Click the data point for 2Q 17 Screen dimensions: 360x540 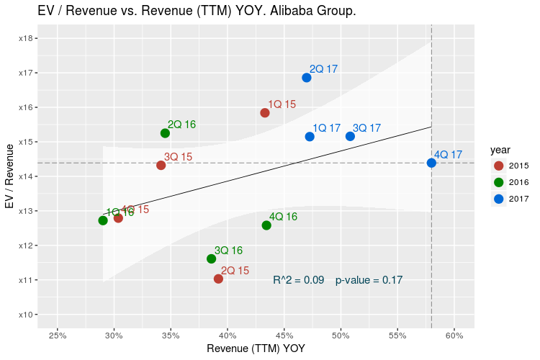tap(307, 78)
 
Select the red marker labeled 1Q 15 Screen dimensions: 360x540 tap(265, 113)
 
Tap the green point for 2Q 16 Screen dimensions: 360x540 tap(165, 133)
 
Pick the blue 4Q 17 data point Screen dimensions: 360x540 tap(431, 163)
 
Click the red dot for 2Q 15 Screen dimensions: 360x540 tap(218, 279)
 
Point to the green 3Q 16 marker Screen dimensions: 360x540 tap(212, 258)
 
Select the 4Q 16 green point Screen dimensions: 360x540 tap(266, 225)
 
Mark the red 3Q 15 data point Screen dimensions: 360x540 tap(161, 166)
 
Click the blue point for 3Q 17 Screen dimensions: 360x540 tap(350, 136)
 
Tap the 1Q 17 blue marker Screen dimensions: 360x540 tap(310, 137)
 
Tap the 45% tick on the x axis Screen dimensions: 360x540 tap(284, 336)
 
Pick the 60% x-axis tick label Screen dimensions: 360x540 tap(454, 336)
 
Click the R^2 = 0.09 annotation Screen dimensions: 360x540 tap(299, 280)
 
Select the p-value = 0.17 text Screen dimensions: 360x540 tap(369, 280)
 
